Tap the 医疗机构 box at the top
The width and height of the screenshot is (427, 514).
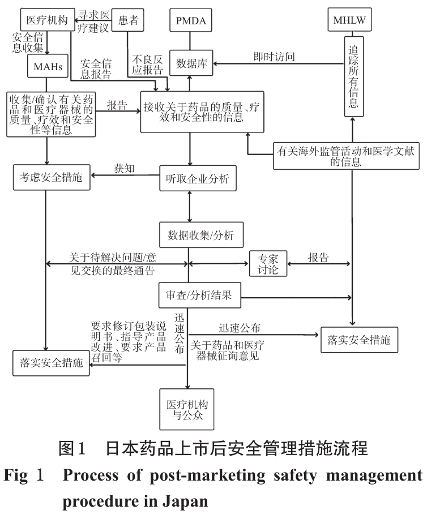coord(47,21)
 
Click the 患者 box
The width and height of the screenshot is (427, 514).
coord(128,21)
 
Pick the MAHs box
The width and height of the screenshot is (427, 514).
coord(48,66)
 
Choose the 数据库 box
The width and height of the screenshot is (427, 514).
coord(190,63)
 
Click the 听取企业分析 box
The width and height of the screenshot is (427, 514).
coord(190,178)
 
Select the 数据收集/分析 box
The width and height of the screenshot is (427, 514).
coord(190,234)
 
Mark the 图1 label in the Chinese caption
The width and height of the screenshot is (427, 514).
coord(73,451)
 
